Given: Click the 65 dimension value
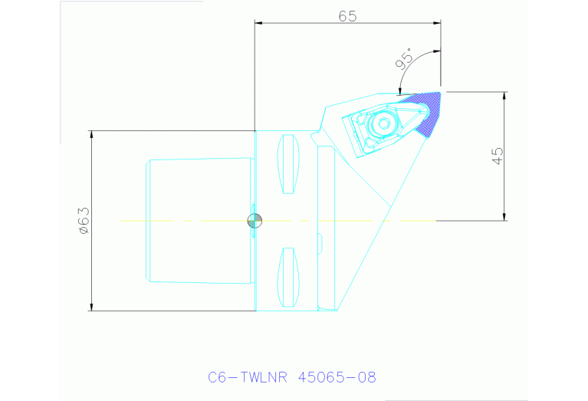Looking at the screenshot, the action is click(347, 16).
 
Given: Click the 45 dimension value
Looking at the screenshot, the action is click(498, 156).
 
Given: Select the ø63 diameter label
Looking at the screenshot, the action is click(84, 221).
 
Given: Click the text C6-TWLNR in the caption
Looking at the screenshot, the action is click(248, 377).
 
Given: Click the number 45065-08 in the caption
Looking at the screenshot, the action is click(337, 377).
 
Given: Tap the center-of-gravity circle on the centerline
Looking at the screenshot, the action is click(255, 221).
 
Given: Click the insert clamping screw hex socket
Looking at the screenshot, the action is click(384, 123).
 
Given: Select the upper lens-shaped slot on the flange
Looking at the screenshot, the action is click(288, 164).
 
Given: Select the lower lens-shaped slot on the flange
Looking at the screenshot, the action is click(288, 278).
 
